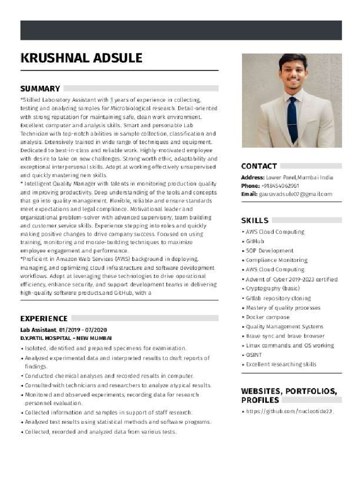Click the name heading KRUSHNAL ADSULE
pos(81,58)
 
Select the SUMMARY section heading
pos(40,89)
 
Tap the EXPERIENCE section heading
pos(44,318)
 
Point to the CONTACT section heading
pos(259,166)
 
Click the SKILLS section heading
pos(255,220)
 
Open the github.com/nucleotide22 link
pos(289,411)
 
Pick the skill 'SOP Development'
pos(270,251)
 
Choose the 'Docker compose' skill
pos(268,317)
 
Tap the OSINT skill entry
pos(254,355)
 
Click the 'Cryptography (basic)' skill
pos(272,288)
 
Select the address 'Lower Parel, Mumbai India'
pos(300,178)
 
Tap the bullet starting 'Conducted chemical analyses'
pos(109,376)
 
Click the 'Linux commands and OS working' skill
pos(290,345)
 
